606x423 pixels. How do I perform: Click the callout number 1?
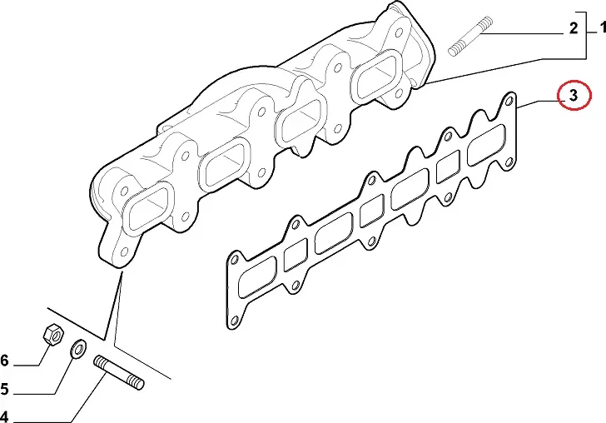click(602, 27)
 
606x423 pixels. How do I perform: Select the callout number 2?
click(574, 28)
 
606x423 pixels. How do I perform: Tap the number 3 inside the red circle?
click(574, 95)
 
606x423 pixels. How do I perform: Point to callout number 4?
click(3, 417)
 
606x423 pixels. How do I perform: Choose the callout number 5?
click(4, 389)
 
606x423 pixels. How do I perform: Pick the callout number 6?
click(4, 361)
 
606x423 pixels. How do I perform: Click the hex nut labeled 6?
click(53, 334)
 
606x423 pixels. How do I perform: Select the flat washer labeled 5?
click(78, 349)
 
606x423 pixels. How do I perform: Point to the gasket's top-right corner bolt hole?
click(509, 102)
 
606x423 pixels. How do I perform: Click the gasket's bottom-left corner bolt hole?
click(233, 321)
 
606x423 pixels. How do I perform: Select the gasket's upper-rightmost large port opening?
click(486, 145)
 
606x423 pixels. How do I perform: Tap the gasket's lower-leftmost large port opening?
click(257, 276)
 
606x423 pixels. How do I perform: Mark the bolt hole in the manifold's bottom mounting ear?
click(124, 252)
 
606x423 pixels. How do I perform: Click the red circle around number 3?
click(574, 95)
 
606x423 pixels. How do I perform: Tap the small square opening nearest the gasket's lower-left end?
click(296, 255)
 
